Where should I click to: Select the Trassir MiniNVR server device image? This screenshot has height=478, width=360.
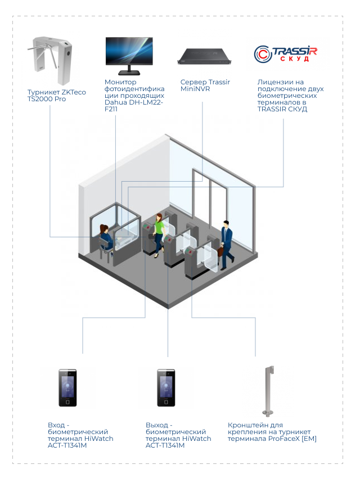pos(205,56)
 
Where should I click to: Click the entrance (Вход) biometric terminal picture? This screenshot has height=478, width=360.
pos(67,387)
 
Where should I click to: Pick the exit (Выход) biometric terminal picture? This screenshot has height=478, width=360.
pos(165,387)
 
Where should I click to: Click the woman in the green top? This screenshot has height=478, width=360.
pos(159,231)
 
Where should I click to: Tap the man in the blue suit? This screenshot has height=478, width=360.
pos(226,242)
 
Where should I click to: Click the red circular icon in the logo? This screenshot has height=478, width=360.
pos(263,54)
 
